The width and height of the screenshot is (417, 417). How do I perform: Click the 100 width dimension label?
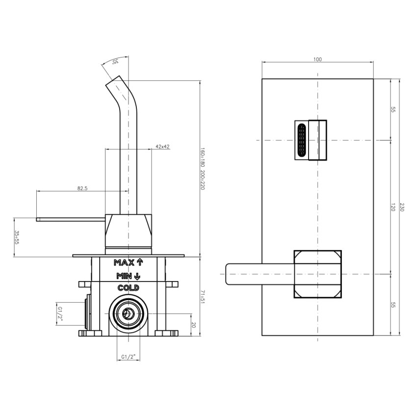[x=317, y=59]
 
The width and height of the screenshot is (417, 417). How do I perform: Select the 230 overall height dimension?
[x=402, y=207]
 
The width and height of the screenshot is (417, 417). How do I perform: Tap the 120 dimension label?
[x=393, y=207]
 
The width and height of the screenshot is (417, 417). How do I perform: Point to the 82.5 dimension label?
[x=82, y=188]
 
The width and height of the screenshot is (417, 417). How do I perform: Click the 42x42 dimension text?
[x=162, y=147]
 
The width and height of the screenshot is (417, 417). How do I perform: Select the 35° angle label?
[x=115, y=62]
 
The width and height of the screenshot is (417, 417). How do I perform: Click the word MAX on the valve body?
[x=124, y=263]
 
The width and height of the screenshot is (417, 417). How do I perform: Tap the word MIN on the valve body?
[x=124, y=276]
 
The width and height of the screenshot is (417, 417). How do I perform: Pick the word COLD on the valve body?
[x=129, y=288]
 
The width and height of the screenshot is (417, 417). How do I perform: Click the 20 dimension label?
[x=194, y=325]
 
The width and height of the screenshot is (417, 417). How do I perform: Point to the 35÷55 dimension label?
[x=17, y=237]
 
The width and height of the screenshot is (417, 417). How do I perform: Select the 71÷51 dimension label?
[x=203, y=298]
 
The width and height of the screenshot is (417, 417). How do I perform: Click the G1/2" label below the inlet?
[x=129, y=357]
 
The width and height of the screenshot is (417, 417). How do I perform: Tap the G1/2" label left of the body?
[x=60, y=314]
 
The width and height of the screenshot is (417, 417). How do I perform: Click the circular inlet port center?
[x=129, y=313]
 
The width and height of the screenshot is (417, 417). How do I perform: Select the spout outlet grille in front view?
[x=301, y=140]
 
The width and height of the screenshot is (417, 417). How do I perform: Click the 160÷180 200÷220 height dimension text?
[x=203, y=169]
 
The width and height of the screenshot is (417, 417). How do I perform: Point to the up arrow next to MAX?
[x=140, y=262]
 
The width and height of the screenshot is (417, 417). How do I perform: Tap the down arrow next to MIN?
[x=137, y=276]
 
